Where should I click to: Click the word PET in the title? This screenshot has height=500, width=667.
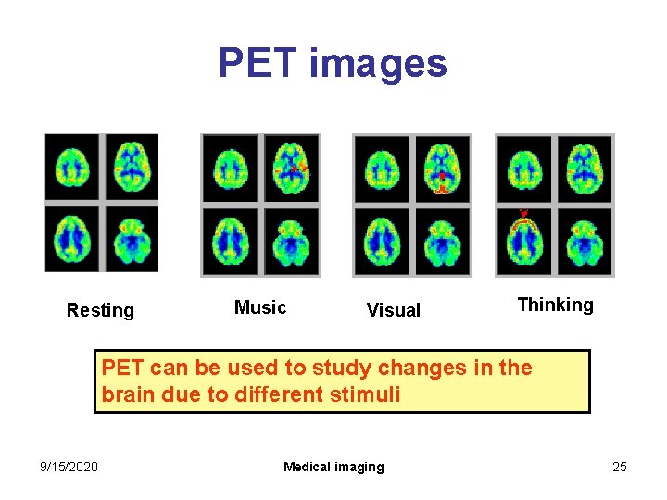click(x=258, y=63)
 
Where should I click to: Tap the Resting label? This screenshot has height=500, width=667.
click(x=100, y=310)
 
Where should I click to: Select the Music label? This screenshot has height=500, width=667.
click(x=260, y=307)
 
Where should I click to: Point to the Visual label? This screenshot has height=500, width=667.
click(x=393, y=310)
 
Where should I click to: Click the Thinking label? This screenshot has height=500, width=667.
click(x=555, y=305)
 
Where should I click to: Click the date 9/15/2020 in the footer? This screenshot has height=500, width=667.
click(x=70, y=467)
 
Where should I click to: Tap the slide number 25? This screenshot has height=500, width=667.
click(x=619, y=467)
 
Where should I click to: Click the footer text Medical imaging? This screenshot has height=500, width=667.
click(x=333, y=467)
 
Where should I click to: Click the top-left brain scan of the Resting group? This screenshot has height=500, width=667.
click(x=73, y=168)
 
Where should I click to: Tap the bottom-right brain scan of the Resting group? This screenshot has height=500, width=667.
click(x=132, y=238)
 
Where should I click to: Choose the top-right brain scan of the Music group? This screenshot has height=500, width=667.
click(x=291, y=169)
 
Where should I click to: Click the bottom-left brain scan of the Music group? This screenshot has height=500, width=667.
click(x=231, y=242)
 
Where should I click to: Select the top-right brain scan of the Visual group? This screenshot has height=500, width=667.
click(x=442, y=169)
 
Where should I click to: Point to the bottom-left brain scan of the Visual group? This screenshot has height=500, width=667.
click(x=382, y=242)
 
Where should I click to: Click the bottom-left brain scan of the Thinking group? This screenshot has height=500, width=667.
click(x=525, y=242)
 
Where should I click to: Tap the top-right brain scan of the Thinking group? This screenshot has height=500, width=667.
click(x=584, y=169)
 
